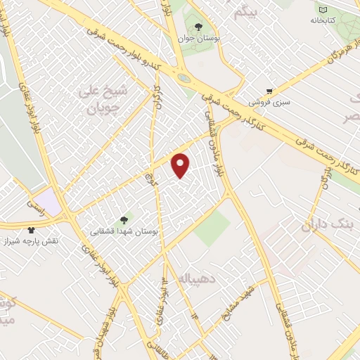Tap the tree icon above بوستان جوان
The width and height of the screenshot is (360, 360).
pos(198,27)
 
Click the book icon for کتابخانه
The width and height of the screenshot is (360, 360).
pos(323,10)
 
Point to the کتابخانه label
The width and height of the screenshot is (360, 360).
pos(323,20)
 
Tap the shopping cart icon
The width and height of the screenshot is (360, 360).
pos(269,91)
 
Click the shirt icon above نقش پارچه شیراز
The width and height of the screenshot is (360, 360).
pos(31,229)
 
